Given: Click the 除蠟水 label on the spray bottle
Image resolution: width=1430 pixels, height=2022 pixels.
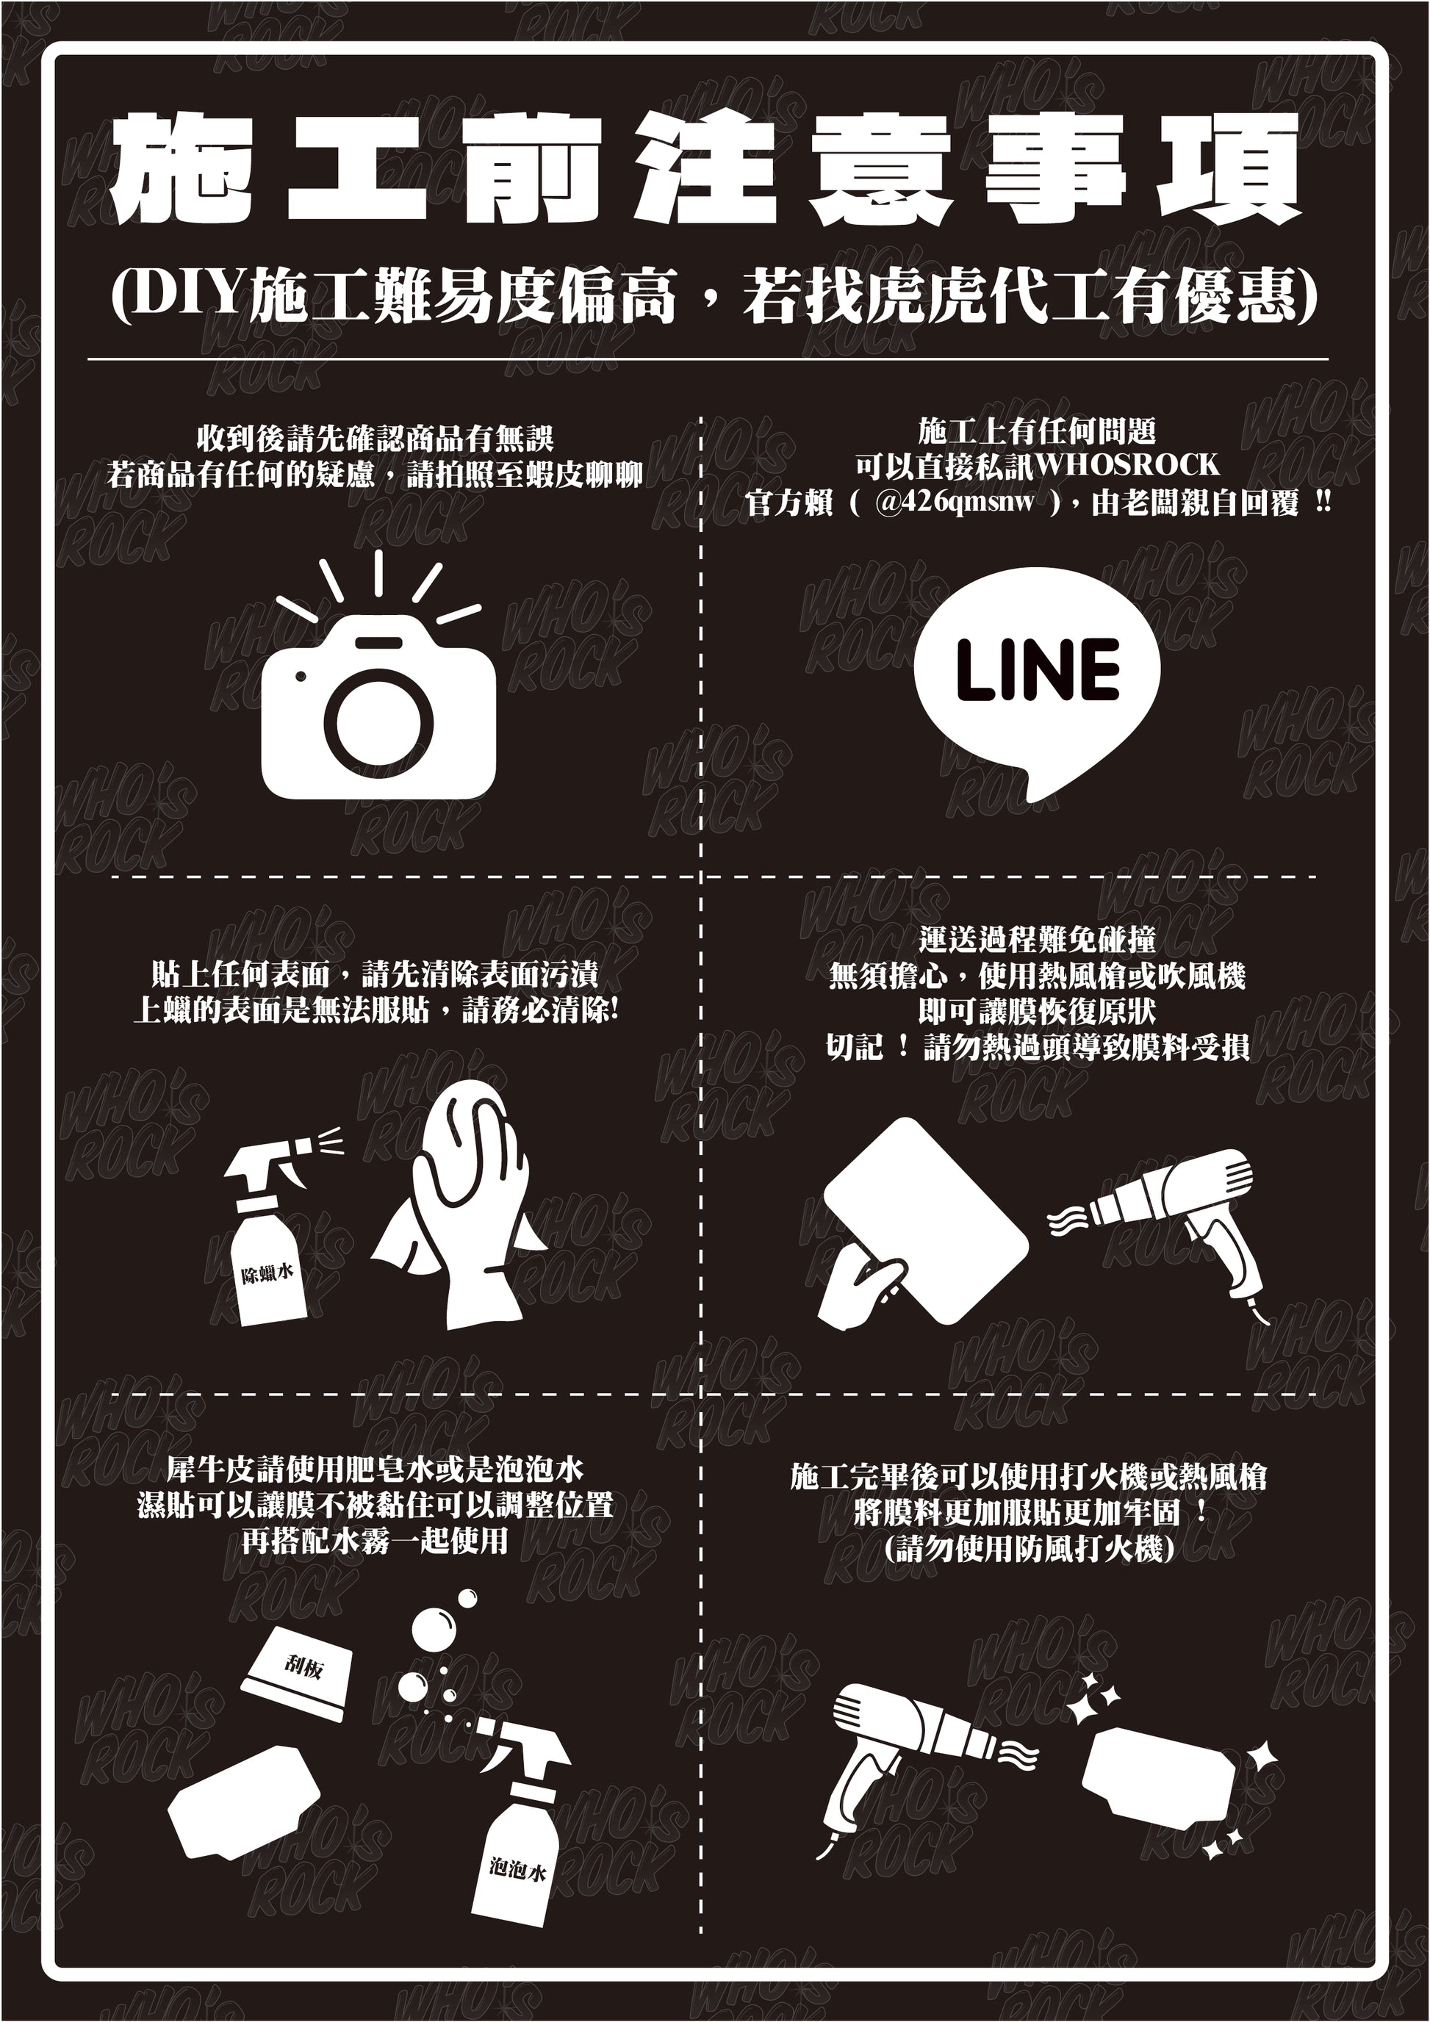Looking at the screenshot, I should point(267,1273).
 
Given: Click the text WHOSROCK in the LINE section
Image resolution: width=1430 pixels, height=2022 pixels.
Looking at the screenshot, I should point(1127,464).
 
